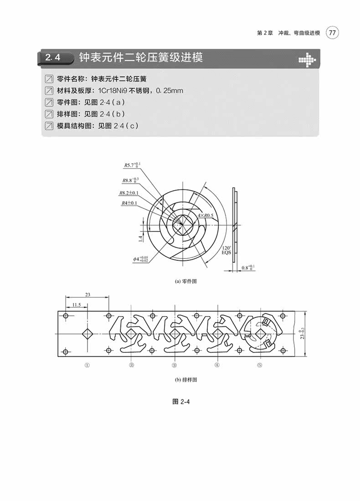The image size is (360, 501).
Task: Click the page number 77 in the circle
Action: pyautogui.click(x=333, y=33)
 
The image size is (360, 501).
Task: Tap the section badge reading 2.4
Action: pyautogui.click(x=55, y=58)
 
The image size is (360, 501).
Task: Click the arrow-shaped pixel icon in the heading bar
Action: pyautogui.click(x=306, y=59)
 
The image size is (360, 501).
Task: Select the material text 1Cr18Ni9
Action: pyautogui.click(x=113, y=91)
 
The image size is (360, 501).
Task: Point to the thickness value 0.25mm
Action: pyautogui.click(x=169, y=91)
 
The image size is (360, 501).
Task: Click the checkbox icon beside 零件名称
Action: pyautogui.click(x=49, y=78)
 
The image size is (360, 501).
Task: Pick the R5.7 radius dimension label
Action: pyautogui.click(x=133, y=165)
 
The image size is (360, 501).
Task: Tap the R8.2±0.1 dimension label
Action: pyautogui.click(x=129, y=193)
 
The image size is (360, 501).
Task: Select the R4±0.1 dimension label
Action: pyautogui.click(x=129, y=203)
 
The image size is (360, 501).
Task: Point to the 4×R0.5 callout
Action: pyautogui.click(x=206, y=215)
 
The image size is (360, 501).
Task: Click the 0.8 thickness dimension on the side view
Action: pyautogui.click(x=248, y=268)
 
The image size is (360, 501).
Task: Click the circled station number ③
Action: pyautogui.click(x=174, y=365)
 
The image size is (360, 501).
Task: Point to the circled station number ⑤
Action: pyautogui.click(x=260, y=365)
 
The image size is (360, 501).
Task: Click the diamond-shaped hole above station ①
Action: pyautogui.click(x=87, y=334)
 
